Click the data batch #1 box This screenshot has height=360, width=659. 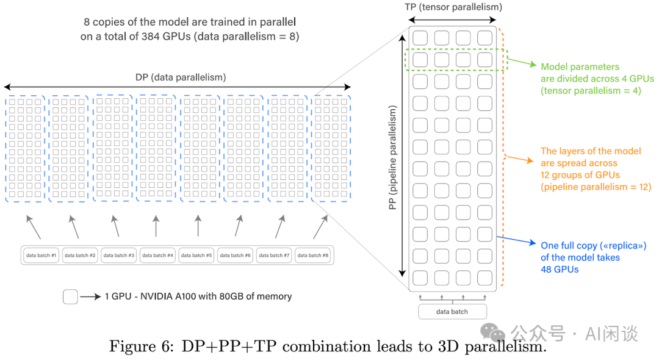pyautogui.click(x=41, y=255)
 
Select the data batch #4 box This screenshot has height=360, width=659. pyautogui.click(x=157, y=255)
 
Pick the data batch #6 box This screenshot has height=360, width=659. pyautogui.click(x=235, y=255)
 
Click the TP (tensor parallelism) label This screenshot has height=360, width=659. pyautogui.click(x=453, y=7)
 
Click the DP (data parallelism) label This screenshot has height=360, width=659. pyautogui.click(x=180, y=77)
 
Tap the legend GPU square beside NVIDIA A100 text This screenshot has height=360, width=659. pyautogui.click(x=70, y=297)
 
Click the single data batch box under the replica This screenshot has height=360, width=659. pyautogui.click(x=452, y=311)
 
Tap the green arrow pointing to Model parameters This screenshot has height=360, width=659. pyautogui.click(x=522, y=63)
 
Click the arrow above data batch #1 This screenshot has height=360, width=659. pyautogui.click(x=34, y=227)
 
